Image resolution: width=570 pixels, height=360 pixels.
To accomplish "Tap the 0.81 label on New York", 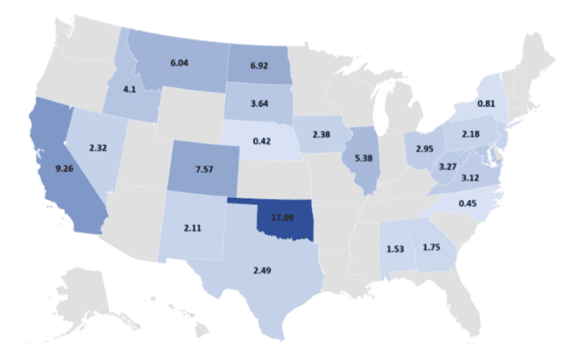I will point(486,103).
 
